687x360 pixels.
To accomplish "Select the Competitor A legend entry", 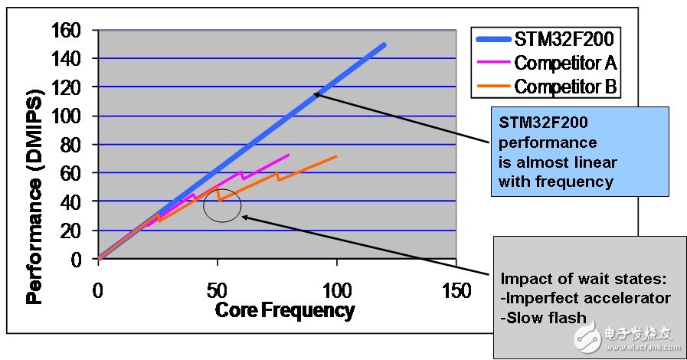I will click(565, 62).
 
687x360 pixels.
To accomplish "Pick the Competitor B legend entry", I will click(565, 86).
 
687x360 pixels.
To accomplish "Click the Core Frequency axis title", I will click(285, 309).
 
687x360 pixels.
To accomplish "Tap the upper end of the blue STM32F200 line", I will click(384, 44).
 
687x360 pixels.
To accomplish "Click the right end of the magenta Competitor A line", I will click(289, 155).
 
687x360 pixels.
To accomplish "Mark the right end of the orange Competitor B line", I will click(336, 156).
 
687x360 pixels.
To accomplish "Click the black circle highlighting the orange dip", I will click(222, 205).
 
